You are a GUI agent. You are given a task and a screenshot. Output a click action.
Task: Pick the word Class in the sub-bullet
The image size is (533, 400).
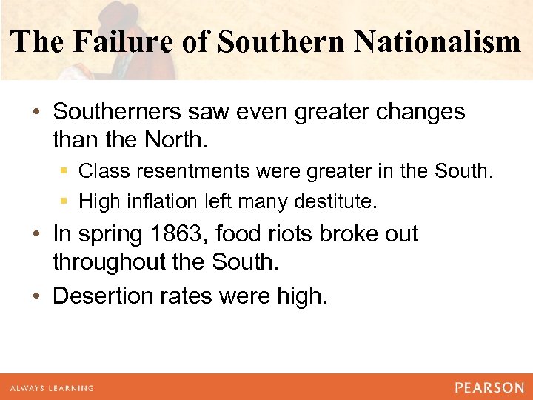[103, 171]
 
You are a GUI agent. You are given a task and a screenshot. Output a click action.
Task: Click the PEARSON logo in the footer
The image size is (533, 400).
[489, 387]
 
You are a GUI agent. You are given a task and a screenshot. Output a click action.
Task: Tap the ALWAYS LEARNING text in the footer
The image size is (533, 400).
[52, 387]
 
